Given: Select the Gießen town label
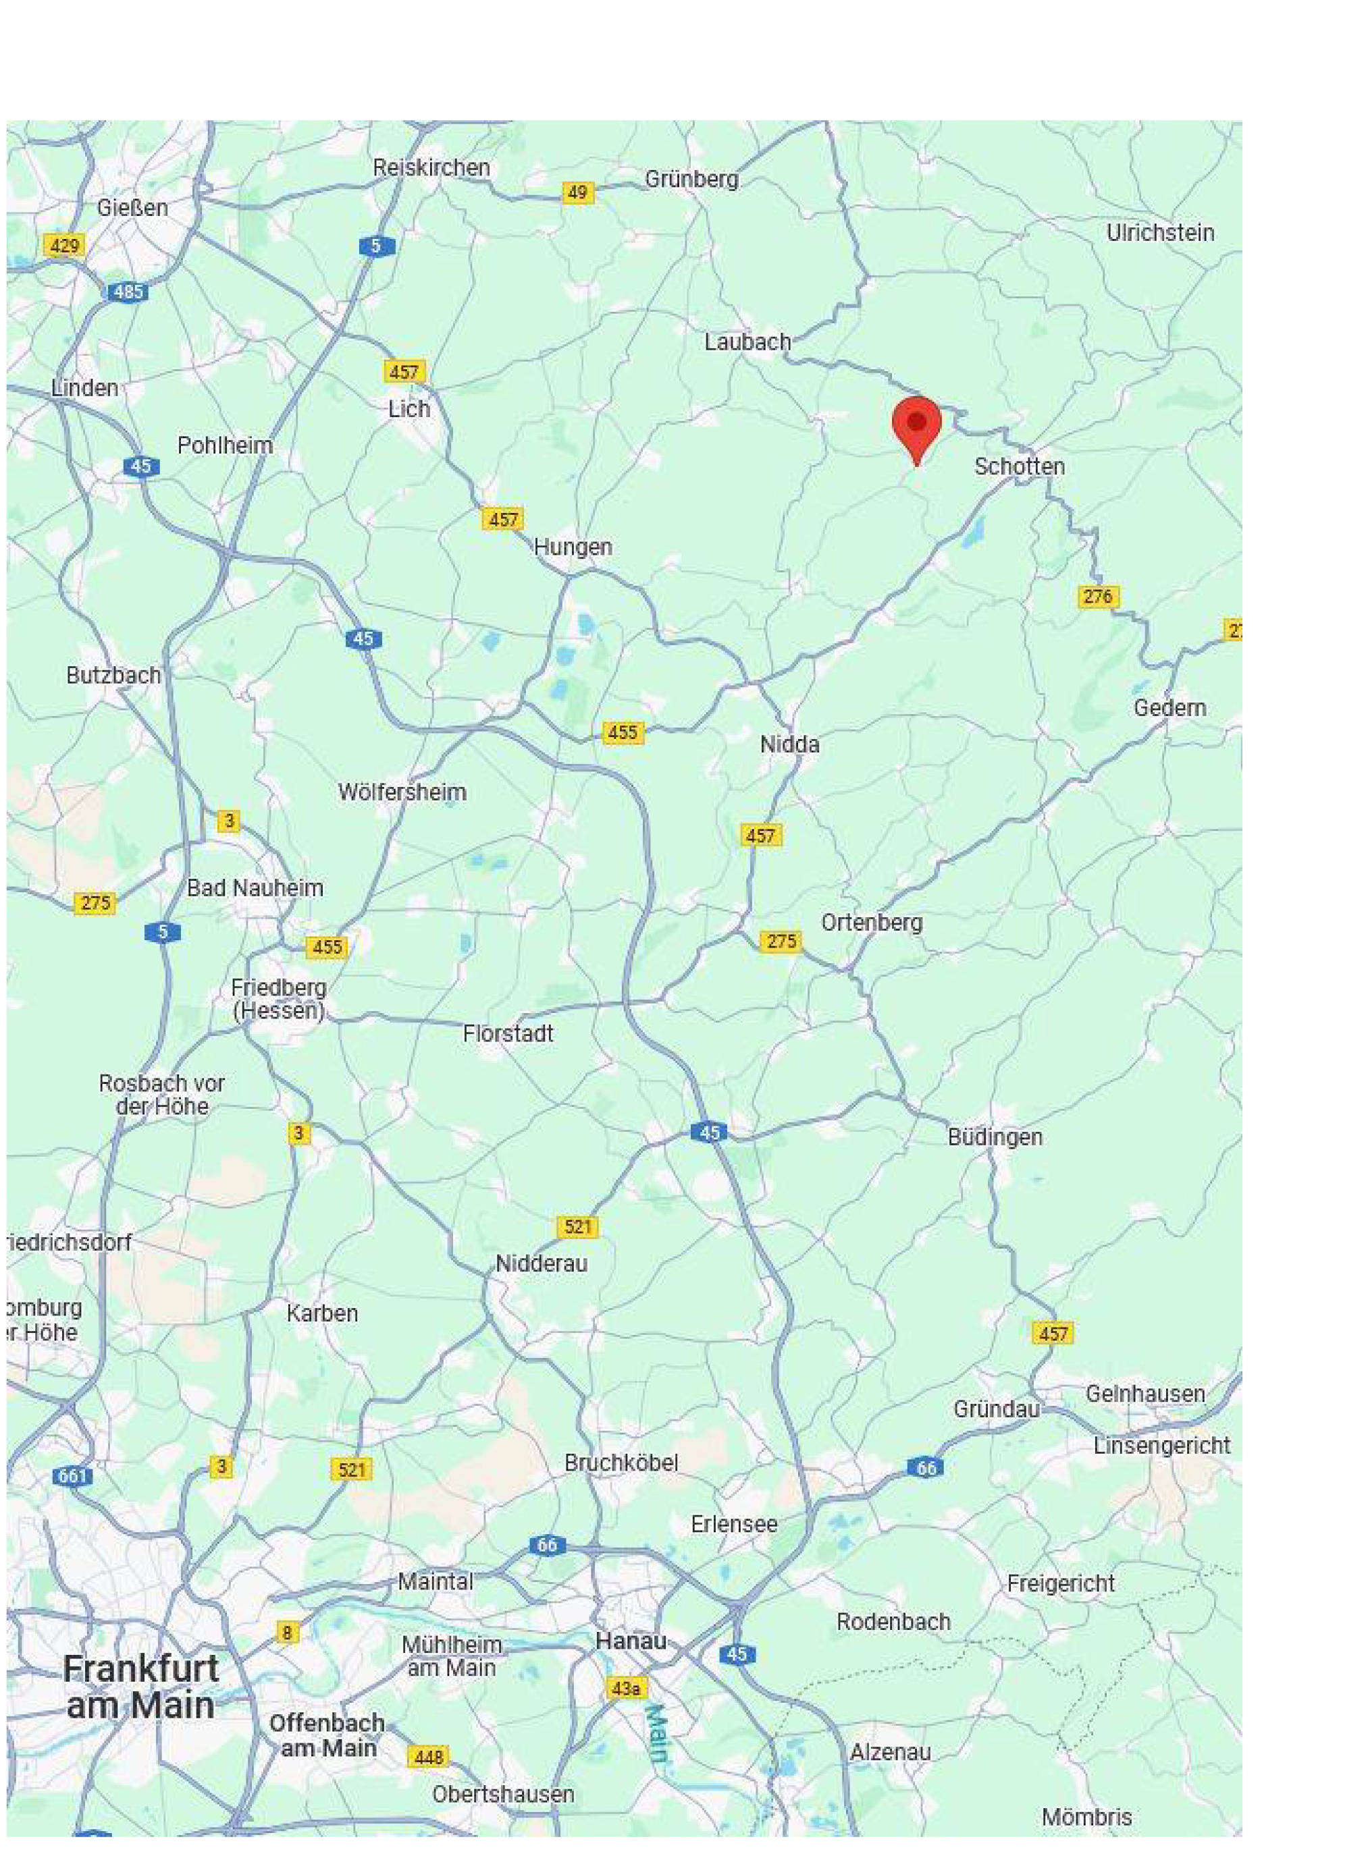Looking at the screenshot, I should click(132, 207).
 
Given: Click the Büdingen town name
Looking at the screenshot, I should click(995, 1137).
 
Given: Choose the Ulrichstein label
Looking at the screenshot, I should click(1160, 233).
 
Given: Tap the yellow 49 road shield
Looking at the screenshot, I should click(577, 193).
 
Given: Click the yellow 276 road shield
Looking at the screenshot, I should click(1098, 596).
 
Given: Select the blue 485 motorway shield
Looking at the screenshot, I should click(128, 292).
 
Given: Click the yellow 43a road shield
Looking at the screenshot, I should click(626, 1688).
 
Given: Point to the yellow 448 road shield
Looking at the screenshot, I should click(428, 1755).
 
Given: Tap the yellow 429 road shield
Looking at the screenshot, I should click(65, 245).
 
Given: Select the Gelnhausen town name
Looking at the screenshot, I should click(1145, 1393).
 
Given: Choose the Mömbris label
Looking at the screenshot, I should click(1086, 1817).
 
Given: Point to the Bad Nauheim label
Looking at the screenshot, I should click(255, 888).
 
